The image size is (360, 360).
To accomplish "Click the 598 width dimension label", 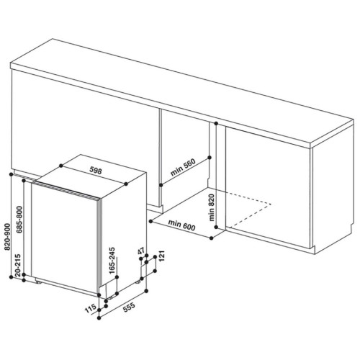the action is tap(96, 170).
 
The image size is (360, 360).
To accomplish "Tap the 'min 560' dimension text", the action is tap(183, 167).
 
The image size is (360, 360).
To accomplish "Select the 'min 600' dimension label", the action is tap(181, 225).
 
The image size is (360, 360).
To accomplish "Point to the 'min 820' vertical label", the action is tap(211, 207).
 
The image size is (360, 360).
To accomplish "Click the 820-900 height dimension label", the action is tap(8, 237).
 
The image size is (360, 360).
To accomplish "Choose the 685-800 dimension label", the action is tap(19, 220).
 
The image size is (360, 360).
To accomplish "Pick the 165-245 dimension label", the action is tap(112, 261).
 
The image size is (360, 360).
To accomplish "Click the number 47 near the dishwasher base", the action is tap(141, 251).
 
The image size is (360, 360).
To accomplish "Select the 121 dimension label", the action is tap(161, 256).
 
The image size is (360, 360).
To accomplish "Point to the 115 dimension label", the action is tap(91, 308).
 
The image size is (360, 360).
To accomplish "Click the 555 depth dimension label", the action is tap(129, 307).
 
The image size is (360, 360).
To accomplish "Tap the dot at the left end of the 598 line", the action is tap(61, 166).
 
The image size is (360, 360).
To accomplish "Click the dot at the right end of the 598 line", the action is tap(126, 184).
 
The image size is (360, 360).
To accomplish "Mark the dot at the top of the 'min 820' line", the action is tap(216, 123).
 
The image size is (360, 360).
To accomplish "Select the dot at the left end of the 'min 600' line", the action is tap(150, 221).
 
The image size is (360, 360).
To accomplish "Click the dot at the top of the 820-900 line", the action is tap(11, 174).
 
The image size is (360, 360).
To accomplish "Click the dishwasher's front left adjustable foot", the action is tap(38, 282).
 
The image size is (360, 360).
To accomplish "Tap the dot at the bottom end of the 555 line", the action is tap(99, 318).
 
